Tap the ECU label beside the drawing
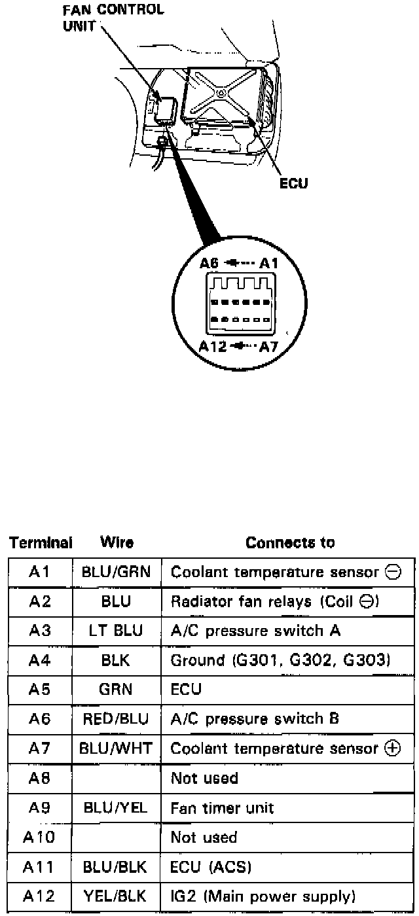pyautogui.click(x=293, y=184)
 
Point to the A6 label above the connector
pyautogui.click(x=210, y=264)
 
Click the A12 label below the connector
pyautogui.click(x=213, y=347)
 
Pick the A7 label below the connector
pyautogui.click(x=269, y=347)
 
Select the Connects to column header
pyautogui.click(x=290, y=542)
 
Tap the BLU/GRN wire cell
pyautogui.click(x=116, y=572)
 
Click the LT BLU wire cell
pyautogui.click(x=116, y=631)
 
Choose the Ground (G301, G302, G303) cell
pyautogui.click(x=280, y=661)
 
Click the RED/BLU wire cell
pyautogui.click(x=116, y=719)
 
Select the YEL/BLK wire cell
pyautogui.click(x=116, y=896)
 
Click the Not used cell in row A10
pyautogui.click(x=204, y=837)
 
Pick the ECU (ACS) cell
pyautogui.click(x=211, y=867)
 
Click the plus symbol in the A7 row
pyautogui.click(x=393, y=749)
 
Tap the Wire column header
pyautogui.click(x=117, y=542)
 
